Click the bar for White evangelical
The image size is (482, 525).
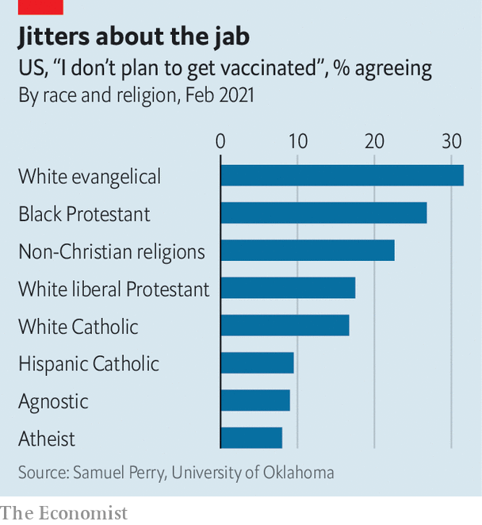[x=342, y=175]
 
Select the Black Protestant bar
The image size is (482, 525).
[x=323, y=213]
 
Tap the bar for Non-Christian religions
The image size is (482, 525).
[x=308, y=251]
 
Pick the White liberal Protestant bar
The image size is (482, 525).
[x=288, y=288]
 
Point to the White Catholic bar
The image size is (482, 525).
[x=285, y=325]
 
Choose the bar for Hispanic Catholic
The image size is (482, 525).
[x=257, y=362]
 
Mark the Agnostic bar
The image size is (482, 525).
[x=255, y=400]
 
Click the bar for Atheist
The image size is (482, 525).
[x=251, y=438]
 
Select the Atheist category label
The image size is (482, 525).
[x=47, y=439]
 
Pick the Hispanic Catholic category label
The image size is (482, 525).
[x=89, y=364]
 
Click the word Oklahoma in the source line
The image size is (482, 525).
[x=296, y=473]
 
